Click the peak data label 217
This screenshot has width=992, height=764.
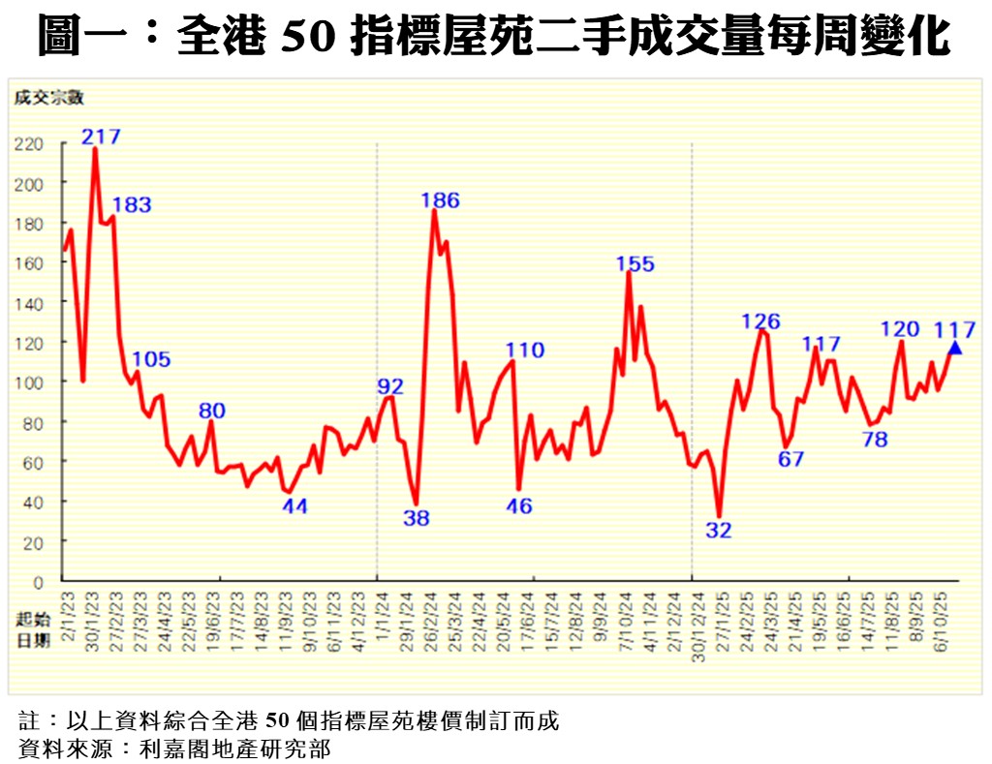pyautogui.click(x=102, y=136)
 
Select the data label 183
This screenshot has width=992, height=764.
pyautogui.click(x=132, y=205)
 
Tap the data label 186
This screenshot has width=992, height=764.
pyautogui.click(x=440, y=200)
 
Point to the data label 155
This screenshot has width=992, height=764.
pyautogui.click(x=635, y=263)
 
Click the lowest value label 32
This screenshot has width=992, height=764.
pyautogui.click(x=719, y=530)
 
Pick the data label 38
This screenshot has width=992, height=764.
pyautogui.click(x=417, y=518)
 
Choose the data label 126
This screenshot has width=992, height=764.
pyautogui.click(x=760, y=321)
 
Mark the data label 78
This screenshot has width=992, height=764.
pyautogui.click(x=875, y=440)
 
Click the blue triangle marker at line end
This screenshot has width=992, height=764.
pyautogui.click(x=955, y=349)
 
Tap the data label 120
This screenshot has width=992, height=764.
pyautogui.click(x=899, y=329)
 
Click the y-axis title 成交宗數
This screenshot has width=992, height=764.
pyautogui.click(x=49, y=97)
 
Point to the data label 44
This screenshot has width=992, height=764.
pyautogui.click(x=294, y=505)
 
